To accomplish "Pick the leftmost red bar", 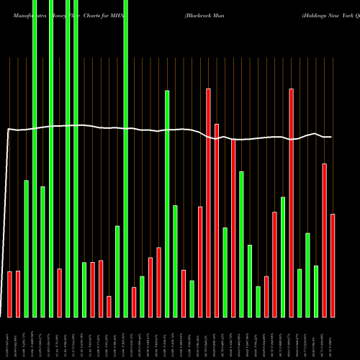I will tap(10, 294).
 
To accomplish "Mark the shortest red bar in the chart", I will tap(109, 306).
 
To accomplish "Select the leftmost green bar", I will tap(27, 248).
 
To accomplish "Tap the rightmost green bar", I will tap(316, 291).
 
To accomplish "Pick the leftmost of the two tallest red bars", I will tap(208, 202).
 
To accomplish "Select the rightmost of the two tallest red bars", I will tap(291, 202).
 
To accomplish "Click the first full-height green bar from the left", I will tap(35, 158).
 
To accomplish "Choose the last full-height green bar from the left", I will tap(126, 158).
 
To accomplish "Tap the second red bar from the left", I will tap(18, 294).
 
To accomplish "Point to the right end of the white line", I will tap(331, 137).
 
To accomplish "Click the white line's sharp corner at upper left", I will tap(8, 129).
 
